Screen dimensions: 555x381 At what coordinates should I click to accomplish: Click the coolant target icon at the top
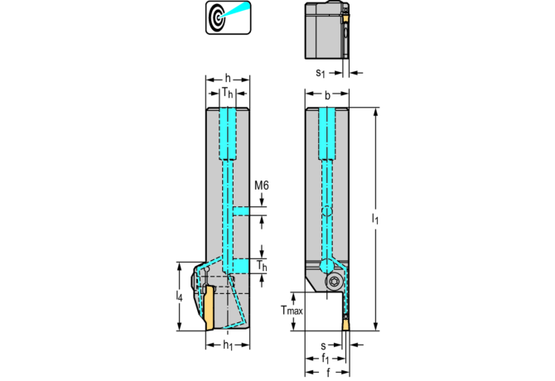(x=229, y=17)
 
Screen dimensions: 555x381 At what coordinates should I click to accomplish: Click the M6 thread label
(x=262, y=185)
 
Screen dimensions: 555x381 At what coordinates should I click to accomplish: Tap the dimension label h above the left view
(x=228, y=78)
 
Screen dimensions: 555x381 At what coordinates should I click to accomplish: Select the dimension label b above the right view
(x=327, y=95)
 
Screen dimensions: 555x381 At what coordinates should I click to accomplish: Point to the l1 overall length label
(x=375, y=219)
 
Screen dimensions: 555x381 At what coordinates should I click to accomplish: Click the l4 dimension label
(x=180, y=296)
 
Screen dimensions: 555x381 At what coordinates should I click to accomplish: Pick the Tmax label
(x=292, y=311)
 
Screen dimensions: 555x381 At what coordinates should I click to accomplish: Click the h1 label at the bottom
(x=228, y=345)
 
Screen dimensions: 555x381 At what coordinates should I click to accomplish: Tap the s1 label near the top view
(x=321, y=73)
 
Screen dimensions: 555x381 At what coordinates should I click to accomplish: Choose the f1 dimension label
(x=326, y=359)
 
